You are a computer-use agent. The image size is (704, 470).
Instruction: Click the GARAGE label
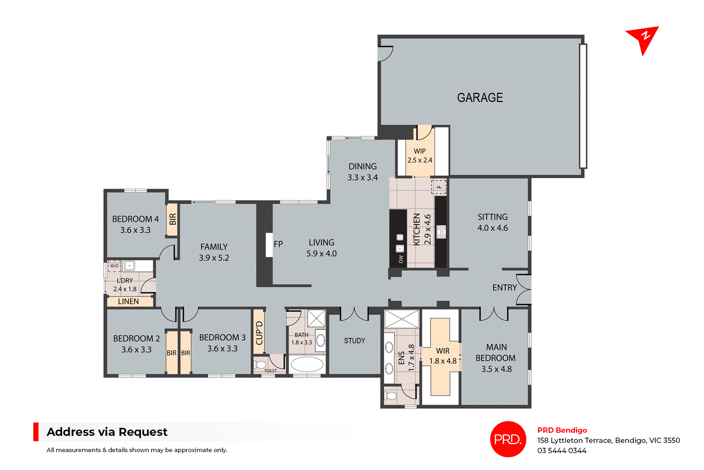[480, 98]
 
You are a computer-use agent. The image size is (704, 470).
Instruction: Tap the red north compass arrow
[643, 39]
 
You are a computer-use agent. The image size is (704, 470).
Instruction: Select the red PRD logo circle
[508, 439]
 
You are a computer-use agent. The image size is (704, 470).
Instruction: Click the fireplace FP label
[278, 244]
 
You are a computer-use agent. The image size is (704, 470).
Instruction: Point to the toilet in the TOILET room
[261, 365]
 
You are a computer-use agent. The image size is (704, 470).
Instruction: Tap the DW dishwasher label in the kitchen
[401, 259]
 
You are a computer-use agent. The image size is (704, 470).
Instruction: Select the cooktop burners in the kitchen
[441, 232]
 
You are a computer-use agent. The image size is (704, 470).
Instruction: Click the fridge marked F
[439, 187]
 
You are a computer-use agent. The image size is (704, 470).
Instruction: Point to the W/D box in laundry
[114, 266]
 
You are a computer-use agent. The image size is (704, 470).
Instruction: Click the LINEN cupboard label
[128, 301]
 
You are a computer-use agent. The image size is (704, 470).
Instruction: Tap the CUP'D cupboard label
[259, 332]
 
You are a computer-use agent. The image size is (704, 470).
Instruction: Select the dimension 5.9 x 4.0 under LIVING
[321, 254]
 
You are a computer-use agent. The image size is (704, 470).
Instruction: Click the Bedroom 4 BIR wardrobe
[172, 219]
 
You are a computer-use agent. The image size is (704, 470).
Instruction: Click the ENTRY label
[504, 288]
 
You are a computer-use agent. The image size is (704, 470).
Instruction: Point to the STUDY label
[354, 341]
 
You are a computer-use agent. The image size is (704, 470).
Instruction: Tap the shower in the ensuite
[401, 319]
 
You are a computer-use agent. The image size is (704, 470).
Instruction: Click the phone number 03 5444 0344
[562, 451]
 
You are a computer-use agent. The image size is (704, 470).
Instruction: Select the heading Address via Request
[107, 432]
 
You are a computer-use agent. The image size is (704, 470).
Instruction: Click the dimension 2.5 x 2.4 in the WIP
[419, 160]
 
